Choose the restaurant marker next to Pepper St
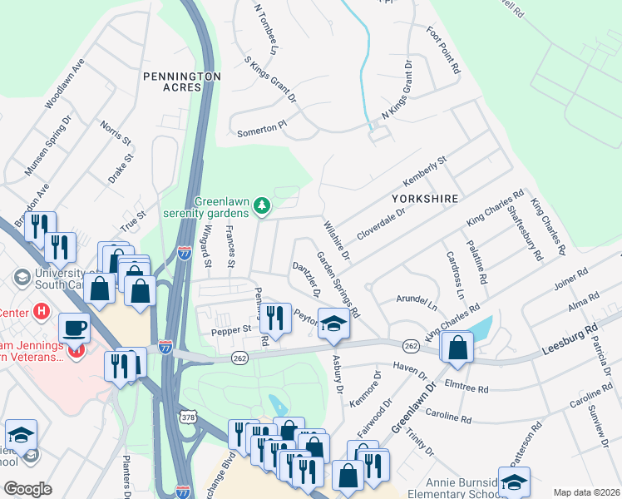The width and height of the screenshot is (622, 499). [275, 318]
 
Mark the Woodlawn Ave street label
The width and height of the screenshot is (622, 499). [66, 84]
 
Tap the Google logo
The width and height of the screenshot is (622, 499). [27, 489]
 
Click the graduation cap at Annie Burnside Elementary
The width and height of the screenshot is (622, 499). [515, 482]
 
